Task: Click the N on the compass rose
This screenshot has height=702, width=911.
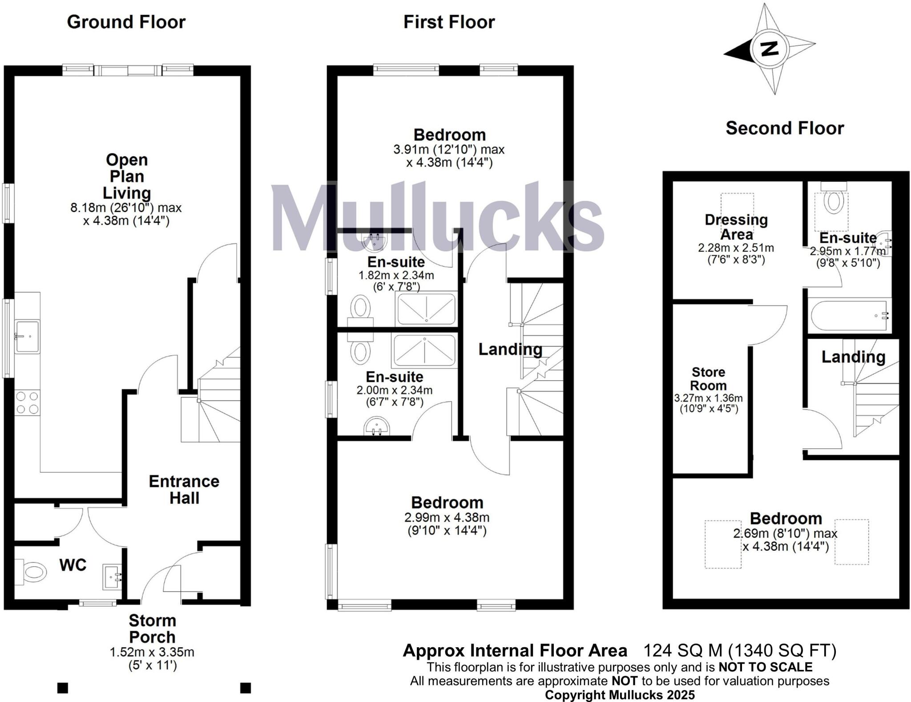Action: point(769,49)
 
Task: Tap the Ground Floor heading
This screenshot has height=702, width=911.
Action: point(126,22)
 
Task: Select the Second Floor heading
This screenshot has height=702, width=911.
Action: point(785,128)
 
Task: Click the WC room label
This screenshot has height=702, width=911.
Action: point(73,565)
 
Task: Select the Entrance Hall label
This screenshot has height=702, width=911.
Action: point(184,489)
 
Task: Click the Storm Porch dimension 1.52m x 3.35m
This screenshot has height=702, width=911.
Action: point(152,652)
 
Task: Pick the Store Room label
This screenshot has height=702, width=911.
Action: point(708,378)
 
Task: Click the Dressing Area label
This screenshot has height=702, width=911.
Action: point(736,227)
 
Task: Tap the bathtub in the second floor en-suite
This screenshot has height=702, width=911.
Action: point(849,315)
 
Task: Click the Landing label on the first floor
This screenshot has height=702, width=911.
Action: point(510,349)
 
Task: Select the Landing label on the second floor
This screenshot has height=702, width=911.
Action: point(853,357)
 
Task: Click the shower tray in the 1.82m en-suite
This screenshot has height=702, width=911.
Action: point(426,308)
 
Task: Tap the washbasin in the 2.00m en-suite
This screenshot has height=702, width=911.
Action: point(377,426)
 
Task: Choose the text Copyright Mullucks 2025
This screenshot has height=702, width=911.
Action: point(620,695)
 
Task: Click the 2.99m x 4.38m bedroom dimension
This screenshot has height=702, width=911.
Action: point(447,517)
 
